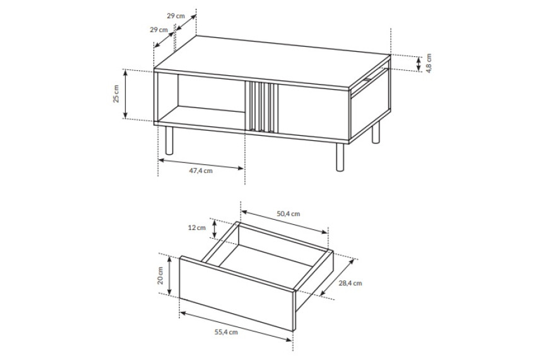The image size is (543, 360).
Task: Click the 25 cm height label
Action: pyautogui.click(x=116, y=94)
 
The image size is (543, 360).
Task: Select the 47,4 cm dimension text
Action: pyautogui.click(x=201, y=171)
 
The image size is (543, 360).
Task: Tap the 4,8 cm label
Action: pyautogui.click(x=429, y=63)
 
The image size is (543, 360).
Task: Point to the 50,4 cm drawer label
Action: pyautogui.click(x=288, y=213)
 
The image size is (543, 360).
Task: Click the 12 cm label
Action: pyautogui.click(x=197, y=227)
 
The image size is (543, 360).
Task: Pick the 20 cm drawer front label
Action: pyautogui.click(x=160, y=275)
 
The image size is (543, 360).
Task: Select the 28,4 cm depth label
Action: pyautogui.click(x=350, y=283)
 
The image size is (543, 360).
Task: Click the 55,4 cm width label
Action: pyautogui.click(x=226, y=332)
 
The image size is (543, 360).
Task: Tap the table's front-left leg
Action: pyautogui.click(x=169, y=140)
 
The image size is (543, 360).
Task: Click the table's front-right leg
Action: pyautogui.click(x=340, y=157)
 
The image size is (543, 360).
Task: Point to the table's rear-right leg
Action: pyautogui.click(x=376, y=132)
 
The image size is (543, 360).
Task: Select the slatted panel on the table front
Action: pyautogui.click(x=261, y=107)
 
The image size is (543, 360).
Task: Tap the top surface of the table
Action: pyautogui.click(x=272, y=62)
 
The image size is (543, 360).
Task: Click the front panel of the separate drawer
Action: pyautogui.click(x=237, y=293)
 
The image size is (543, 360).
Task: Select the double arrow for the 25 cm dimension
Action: pyautogui.click(x=126, y=94)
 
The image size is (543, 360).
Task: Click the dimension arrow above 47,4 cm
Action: pyautogui.click(x=201, y=164)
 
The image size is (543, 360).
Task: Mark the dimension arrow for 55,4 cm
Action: pyautogui.click(x=236, y=327)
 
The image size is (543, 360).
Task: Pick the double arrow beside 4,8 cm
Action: pyautogui.click(x=419, y=64)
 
